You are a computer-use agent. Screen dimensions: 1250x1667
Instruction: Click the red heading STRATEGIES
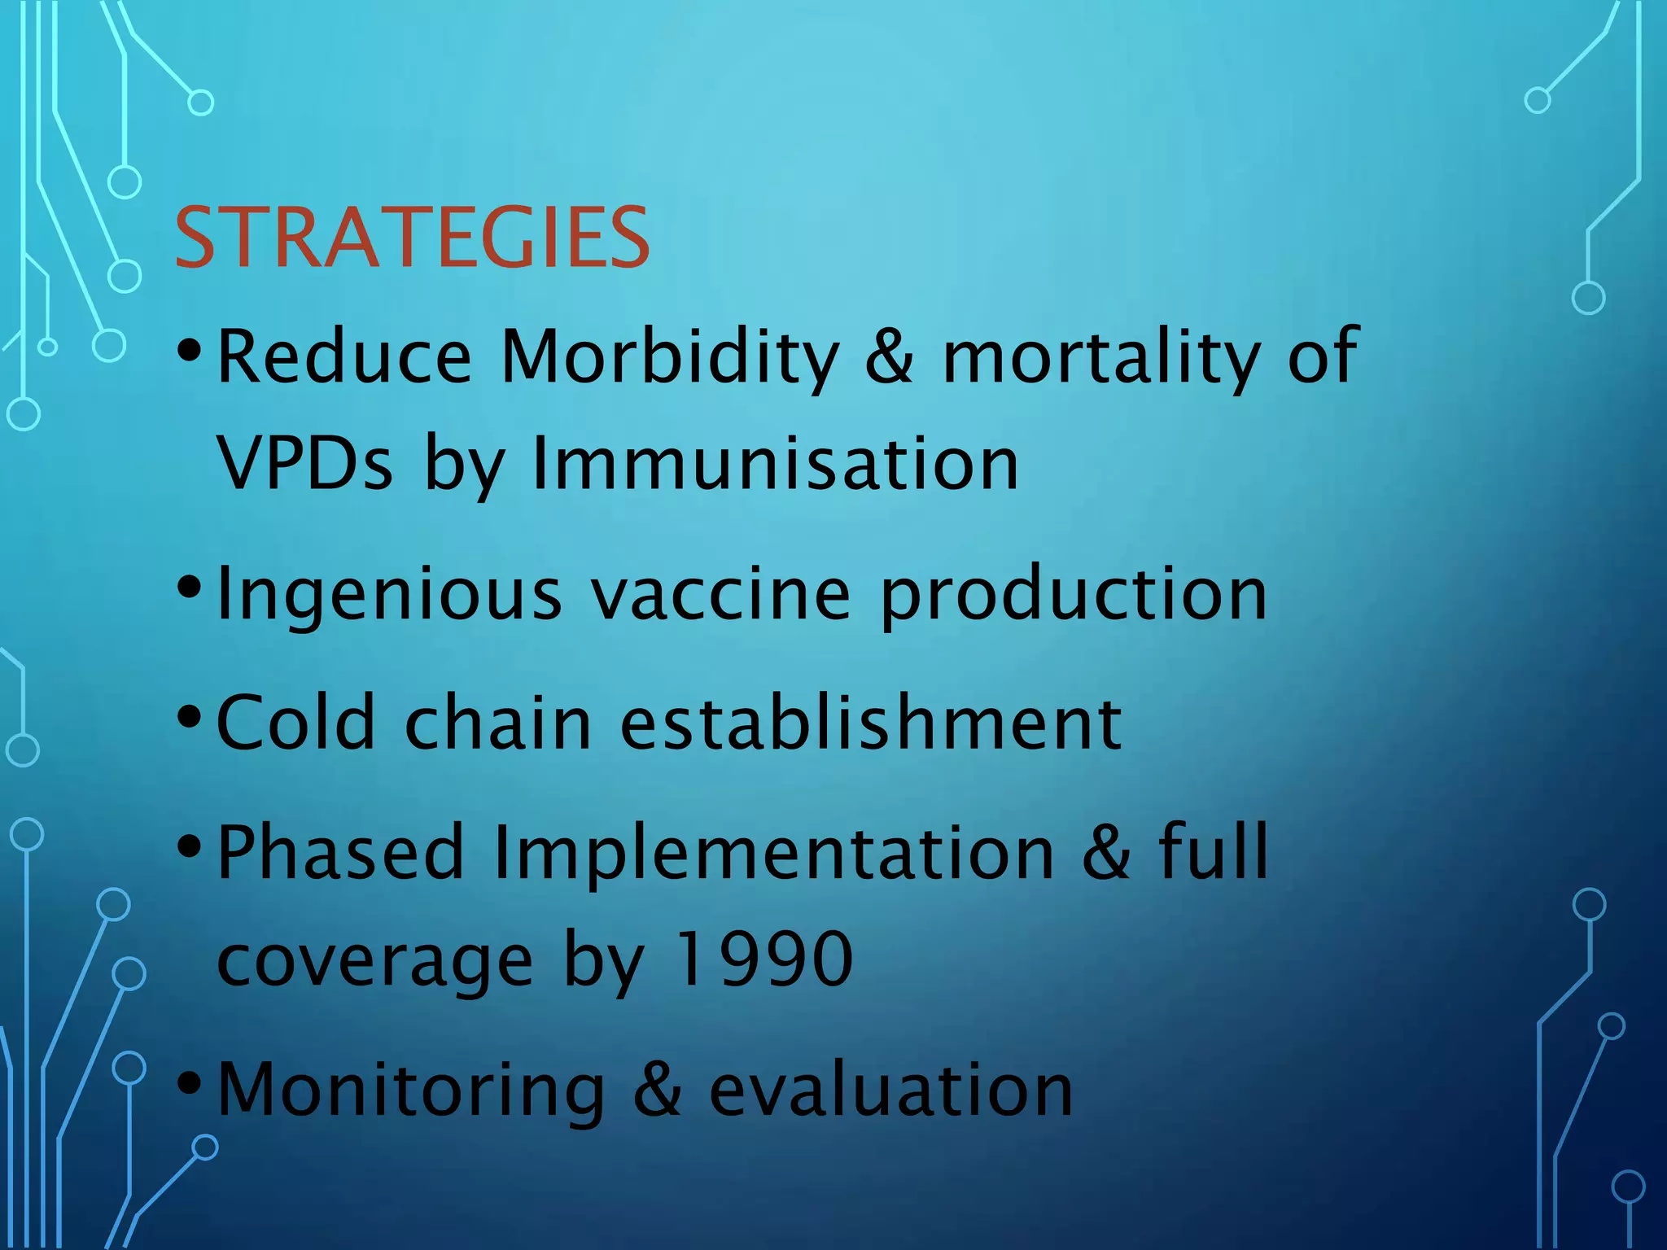point(412,238)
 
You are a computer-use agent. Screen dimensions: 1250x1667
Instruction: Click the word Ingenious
point(389,595)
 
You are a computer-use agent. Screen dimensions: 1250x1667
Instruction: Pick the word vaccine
point(720,595)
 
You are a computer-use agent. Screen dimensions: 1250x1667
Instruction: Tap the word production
point(1074,595)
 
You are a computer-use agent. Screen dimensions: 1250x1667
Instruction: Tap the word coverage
point(374,962)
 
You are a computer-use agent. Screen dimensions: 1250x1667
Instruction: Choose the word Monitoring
point(411,1090)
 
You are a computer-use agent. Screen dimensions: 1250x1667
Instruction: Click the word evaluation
point(890,1090)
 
